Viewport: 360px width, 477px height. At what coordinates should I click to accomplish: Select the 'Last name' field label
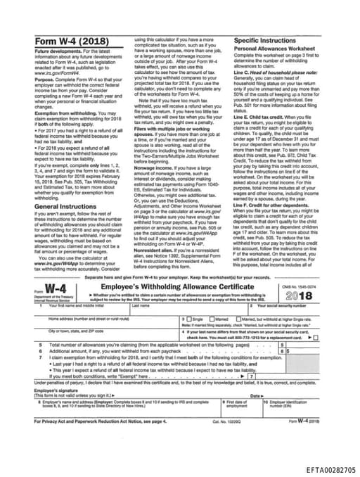point(141,305)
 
